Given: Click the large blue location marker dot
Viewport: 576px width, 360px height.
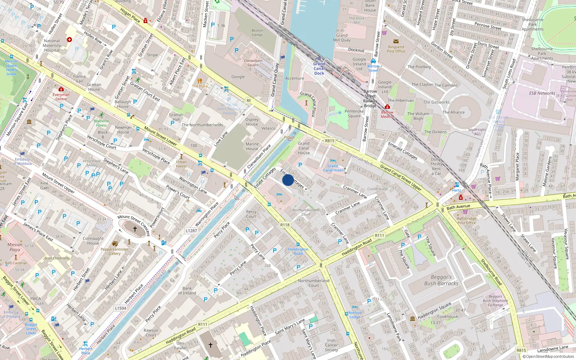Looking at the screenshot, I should click(x=288, y=180).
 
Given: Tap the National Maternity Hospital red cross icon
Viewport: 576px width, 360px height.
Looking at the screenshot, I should click(x=69, y=40).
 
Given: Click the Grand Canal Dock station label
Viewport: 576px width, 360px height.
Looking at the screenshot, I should click(x=319, y=68).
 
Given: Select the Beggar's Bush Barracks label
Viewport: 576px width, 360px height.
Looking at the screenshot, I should click(x=441, y=280).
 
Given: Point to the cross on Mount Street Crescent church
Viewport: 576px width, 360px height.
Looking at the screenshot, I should click(x=135, y=229).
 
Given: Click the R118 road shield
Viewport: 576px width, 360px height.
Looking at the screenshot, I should click(x=285, y=225).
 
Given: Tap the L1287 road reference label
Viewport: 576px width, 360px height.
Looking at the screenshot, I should click(x=191, y=231).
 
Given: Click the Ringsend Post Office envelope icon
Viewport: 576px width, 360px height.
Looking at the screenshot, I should click(x=396, y=41).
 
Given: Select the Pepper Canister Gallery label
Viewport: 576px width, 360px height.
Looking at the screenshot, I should click(x=114, y=251).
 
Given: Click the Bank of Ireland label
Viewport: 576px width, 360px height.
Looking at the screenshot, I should click(x=187, y=291).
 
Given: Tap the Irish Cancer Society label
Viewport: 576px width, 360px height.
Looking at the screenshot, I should click(x=331, y=345).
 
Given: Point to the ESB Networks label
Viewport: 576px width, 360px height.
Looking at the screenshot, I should click(x=542, y=93).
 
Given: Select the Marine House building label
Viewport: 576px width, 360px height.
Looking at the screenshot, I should click(x=252, y=146).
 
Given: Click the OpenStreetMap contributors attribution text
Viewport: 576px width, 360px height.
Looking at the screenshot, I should click(x=548, y=356).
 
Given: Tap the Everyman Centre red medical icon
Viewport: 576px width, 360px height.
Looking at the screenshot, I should click(x=61, y=89).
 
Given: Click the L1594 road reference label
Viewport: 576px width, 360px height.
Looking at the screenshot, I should click(x=121, y=308).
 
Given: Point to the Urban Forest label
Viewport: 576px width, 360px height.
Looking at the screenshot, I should click(x=181, y=164).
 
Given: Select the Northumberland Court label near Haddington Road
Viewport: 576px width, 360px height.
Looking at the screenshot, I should click(x=314, y=283).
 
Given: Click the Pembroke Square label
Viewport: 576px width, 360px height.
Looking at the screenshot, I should click(x=354, y=113).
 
